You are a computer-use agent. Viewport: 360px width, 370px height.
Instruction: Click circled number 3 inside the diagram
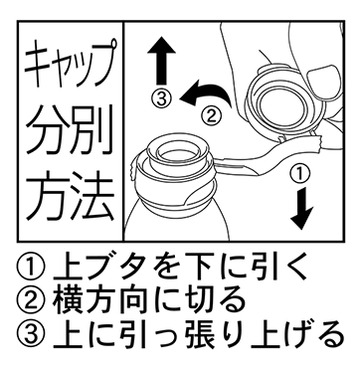point(161,98)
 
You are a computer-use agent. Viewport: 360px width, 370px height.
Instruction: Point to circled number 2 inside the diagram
point(211,115)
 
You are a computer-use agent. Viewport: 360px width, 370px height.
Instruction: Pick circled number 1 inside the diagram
point(299,174)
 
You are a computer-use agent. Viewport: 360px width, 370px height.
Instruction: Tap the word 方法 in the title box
point(71,196)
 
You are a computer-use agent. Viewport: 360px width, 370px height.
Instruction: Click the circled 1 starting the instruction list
point(30,268)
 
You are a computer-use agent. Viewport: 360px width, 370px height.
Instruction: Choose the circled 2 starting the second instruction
point(30,300)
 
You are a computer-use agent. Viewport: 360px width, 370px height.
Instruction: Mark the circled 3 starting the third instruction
point(30,333)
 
